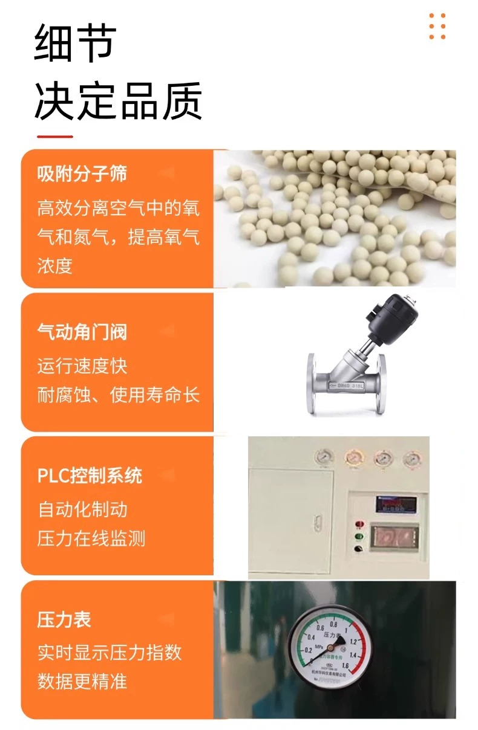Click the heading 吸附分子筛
pyautogui.click(x=82, y=175)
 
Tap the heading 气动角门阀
pyautogui.click(x=82, y=332)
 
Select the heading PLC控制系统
pyautogui.click(x=90, y=476)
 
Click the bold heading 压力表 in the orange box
pyautogui.click(x=64, y=619)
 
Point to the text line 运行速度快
pyautogui.click(x=82, y=366)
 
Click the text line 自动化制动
pyautogui.click(x=82, y=509)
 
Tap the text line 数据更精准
pyautogui.click(x=82, y=682)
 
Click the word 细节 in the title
pyautogui.click(x=75, y=44)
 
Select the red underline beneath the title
pyautogui.click(x=54, y=137)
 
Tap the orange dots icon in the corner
pyautogui.click(x=437, y=27)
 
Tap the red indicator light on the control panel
pyautogui.click(x=359, y=523)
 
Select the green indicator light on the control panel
pyautogui.click(x=359, y=536)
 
